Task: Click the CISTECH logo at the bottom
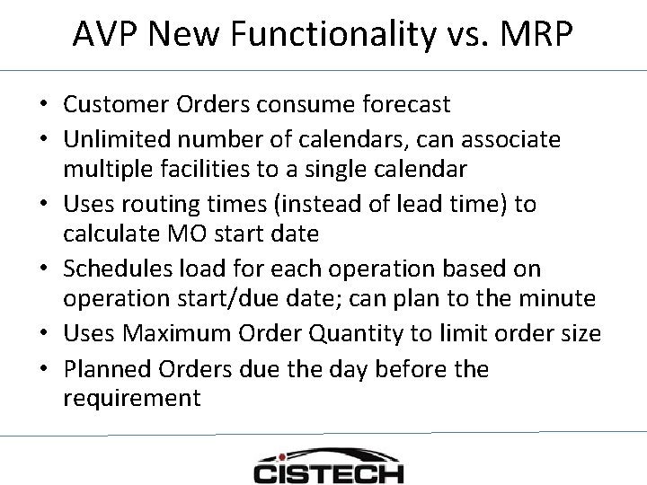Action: click(328, 464)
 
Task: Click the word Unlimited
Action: click(114, 139)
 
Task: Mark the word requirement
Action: click(132, 398)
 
